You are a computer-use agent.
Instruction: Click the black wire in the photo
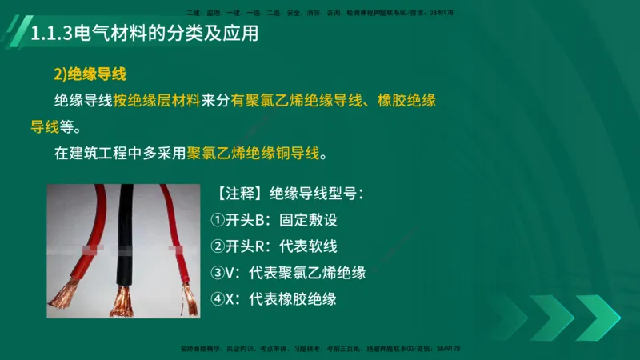pos(125,232)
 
